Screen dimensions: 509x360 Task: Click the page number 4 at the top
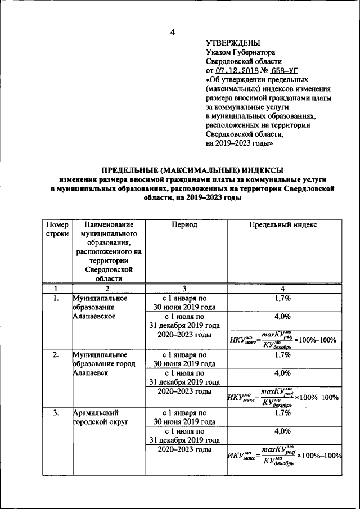tap(173, 32)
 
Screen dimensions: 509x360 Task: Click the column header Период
tap(185, 224)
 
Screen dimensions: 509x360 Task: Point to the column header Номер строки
tap(56, 229)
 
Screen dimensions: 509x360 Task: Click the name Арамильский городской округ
tap(101, 418)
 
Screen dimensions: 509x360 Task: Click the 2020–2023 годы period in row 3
tap(184, 449)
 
